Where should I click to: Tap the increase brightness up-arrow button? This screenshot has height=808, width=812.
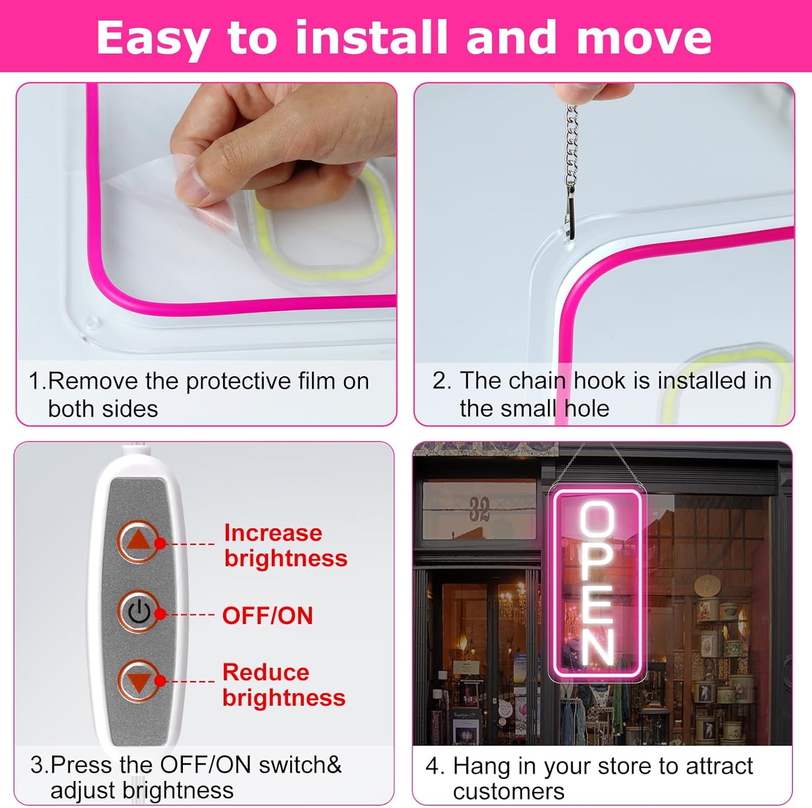click(x=139, y=541)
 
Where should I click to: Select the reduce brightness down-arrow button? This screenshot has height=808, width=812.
click(x=139, y=681)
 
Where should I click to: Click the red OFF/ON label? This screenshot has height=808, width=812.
click(x=267, y=616)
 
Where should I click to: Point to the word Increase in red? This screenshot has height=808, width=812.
click(x=273, y=533)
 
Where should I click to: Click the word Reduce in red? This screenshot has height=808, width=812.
click(x=266, y=673)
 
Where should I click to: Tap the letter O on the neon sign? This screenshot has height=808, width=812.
click(x=597, y=520)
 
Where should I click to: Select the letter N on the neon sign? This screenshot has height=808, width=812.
click(x=598, y=647)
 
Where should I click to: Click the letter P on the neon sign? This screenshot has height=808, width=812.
click(x=598, y=563)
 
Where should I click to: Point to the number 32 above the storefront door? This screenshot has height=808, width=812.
click(x=479, y=509)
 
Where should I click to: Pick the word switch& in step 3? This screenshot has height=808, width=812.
click(x=300, y=765)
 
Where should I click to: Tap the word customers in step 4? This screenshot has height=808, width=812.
click(x=508, y=792)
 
